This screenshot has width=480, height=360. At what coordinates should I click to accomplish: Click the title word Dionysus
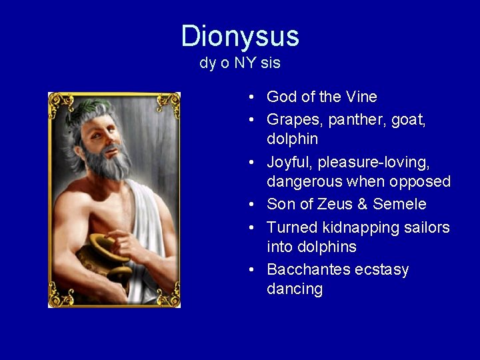[240, 36]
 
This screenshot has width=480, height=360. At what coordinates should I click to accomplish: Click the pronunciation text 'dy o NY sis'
[240, 64]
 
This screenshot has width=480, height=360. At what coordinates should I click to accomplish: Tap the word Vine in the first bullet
[361, 97]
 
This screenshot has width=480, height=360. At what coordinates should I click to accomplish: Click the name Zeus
[333, 204]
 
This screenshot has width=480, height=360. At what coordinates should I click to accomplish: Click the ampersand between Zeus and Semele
[362, 204]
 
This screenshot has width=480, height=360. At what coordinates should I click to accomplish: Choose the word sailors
[427, 227]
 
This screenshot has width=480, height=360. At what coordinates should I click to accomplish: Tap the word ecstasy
[383, 270]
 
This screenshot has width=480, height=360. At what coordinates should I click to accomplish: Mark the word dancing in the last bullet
[295, 289]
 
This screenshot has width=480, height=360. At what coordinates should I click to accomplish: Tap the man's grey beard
[107, 163]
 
